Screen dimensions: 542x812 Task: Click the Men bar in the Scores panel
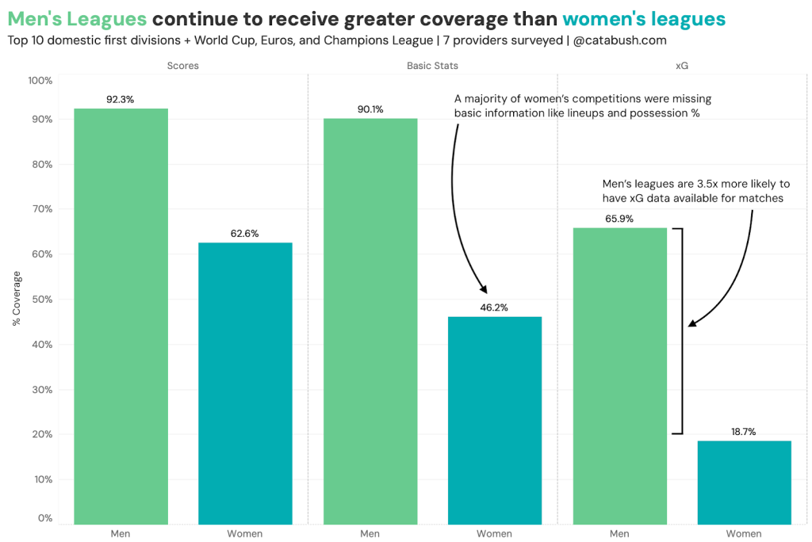[121, 317]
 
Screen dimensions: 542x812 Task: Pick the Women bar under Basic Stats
[495, 420]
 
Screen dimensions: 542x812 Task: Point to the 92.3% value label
[121, 100]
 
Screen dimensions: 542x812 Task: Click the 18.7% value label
[743, 432]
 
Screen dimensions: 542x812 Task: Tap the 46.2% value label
[494, 307]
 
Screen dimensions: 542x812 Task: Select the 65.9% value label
[619, 219]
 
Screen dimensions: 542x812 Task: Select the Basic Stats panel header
[432, 66]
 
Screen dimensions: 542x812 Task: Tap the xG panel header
[681, 66]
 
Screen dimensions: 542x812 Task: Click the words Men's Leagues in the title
[76, 18]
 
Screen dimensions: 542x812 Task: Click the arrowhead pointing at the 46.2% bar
[485, 291]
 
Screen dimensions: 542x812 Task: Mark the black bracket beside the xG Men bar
[680, 330]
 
